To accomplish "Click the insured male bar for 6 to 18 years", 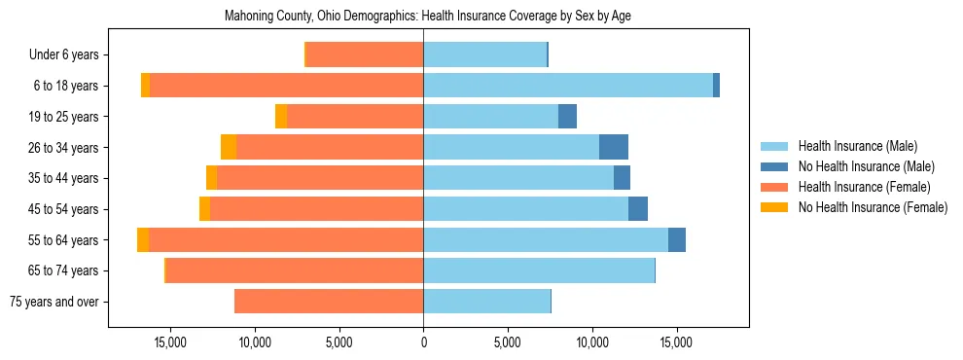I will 568,86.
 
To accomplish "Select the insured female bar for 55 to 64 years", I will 286,240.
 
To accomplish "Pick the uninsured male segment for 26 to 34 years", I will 614,148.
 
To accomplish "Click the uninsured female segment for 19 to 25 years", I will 281,117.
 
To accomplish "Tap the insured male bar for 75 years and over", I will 486,302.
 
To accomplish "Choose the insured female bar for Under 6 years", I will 365,55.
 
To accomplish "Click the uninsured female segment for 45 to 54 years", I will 204,209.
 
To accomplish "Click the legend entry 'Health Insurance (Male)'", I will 857,146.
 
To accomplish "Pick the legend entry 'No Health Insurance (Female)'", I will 873,207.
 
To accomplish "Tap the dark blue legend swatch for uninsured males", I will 774,166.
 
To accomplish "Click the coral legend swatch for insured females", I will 774,187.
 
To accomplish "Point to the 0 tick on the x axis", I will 423,342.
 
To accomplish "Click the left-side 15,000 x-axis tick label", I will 170,342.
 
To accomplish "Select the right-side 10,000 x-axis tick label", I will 592,342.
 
